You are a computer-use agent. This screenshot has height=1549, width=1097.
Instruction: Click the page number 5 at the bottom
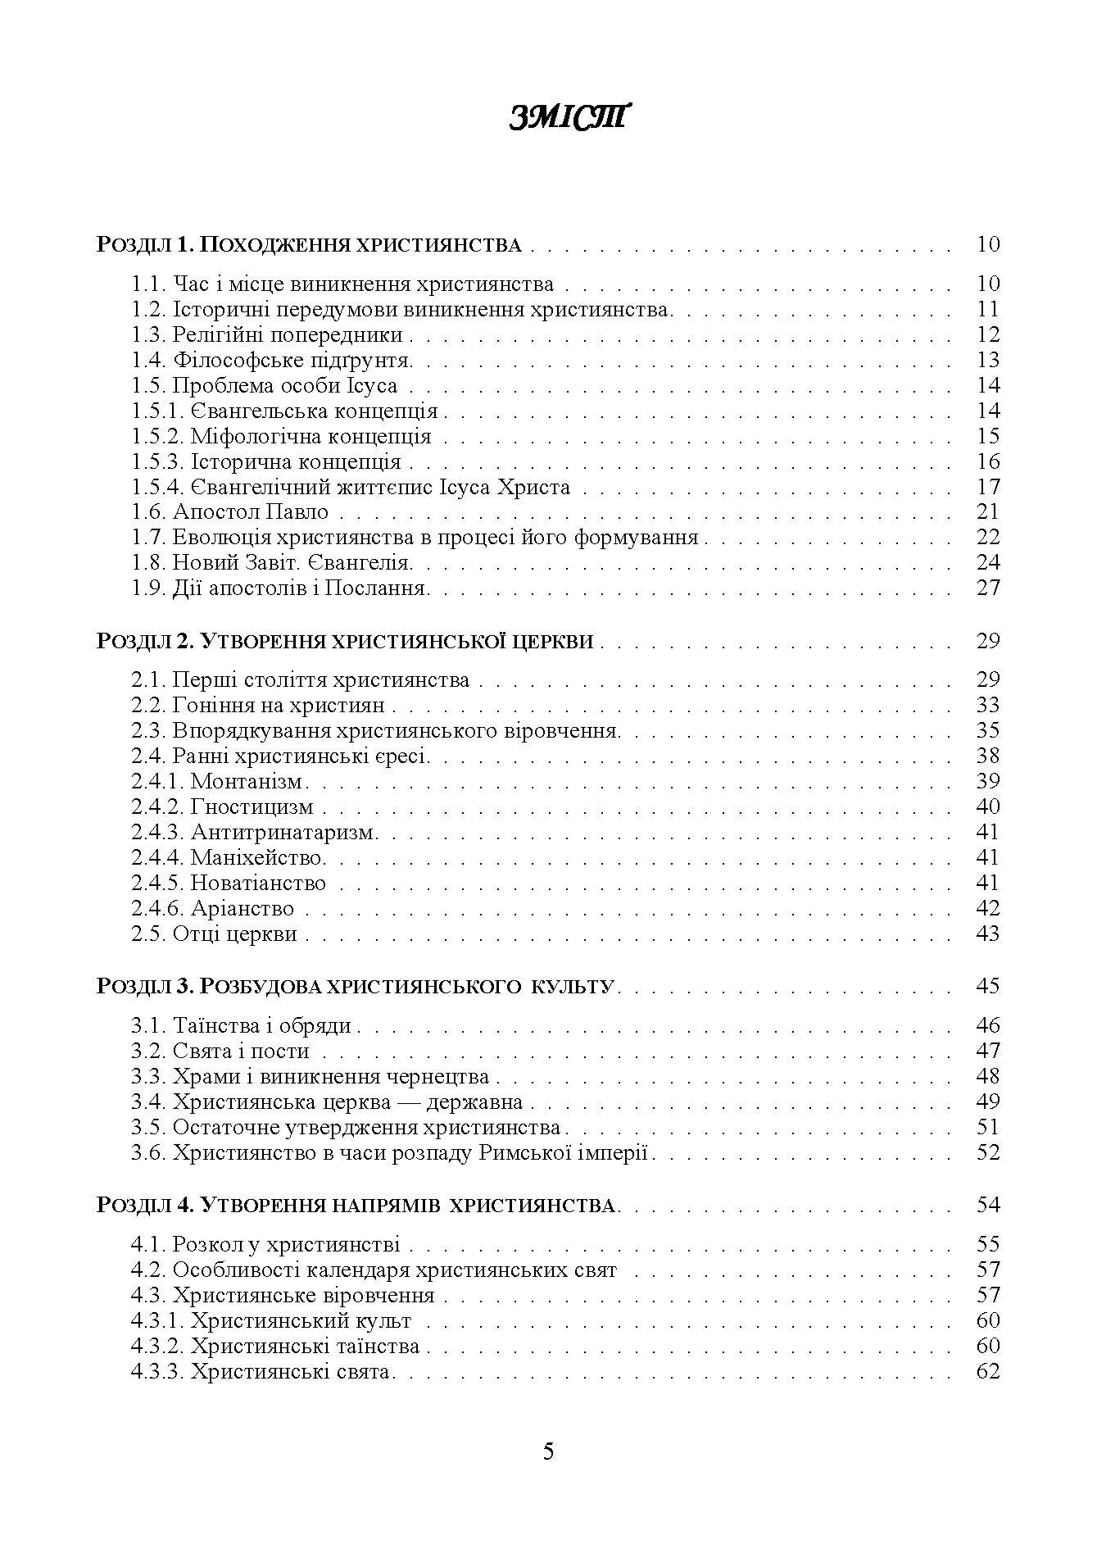pyautogui.click(x=548, y=1451)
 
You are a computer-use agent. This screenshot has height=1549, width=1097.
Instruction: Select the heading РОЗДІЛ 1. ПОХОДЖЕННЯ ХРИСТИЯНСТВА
pyautogui.click(x=309, y=244)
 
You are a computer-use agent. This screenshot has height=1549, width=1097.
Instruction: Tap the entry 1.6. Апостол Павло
pyautogui.click(x=230, y=512)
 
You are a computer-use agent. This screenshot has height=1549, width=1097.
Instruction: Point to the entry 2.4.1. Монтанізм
pyautogui.click(x=219, y=781)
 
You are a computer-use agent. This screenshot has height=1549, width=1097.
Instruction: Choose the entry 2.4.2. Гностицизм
pyautogui.click(x=223, y=806)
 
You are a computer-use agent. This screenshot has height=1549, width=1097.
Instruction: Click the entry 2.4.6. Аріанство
pyautogui.click(x=213, y=908)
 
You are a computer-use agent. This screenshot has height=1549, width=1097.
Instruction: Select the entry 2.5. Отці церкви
pyautogui.click(x=215, y=933)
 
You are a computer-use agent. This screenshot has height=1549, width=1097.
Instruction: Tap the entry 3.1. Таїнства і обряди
pyautogui.click(x=242, y=1025)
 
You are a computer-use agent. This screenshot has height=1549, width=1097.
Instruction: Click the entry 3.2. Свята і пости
pyautogui.click(x=220, y=1051)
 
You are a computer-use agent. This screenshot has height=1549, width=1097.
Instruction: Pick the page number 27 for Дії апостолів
pyautogui.click(x=988, y=588)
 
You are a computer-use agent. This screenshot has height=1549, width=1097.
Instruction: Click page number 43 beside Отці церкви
pyautogui.click(x=988, y=933)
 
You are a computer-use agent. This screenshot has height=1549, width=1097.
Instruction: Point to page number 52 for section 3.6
pyautogui.click(x=988, y=1152)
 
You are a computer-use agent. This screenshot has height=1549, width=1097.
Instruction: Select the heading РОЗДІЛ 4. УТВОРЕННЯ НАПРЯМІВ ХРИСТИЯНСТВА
pyautogui.click(x=356, y=1205)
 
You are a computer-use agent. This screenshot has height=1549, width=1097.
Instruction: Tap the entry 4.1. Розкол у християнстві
pyautogui.click(x=265, y=1244)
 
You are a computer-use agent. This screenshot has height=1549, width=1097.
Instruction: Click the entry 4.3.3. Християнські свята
pyautogui.click(x=263, y=1371)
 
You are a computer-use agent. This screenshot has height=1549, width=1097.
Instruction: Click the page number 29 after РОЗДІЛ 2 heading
pyautogui.click(x=988, y=640)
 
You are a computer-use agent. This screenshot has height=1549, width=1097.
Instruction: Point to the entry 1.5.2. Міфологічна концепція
pyautogui.click(x=281, y=436)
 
